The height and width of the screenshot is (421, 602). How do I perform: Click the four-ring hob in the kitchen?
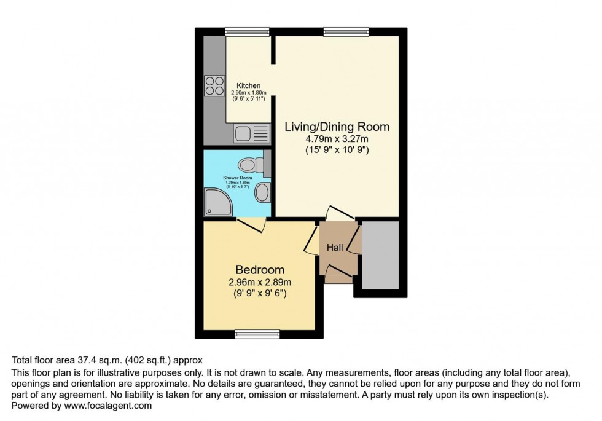pyautogui.click(x=214, y=85)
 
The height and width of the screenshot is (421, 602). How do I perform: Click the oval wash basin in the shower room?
pyautogui.click(x=261, y=192)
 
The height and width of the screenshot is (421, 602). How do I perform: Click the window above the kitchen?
pyautogui.click(x=248, y=31)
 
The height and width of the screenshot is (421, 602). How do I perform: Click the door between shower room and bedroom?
pyautogui.click(x=252, y=225)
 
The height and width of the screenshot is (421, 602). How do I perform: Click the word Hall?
pyautogui.click(x=335, y=247)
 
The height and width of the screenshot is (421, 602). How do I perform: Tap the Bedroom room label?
pyautogui.click(x=260, y=270)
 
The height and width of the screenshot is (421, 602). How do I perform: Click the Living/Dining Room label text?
pyautogui.click(x=337, y=127)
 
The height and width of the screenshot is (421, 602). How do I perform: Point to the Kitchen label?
pyautogui.click(x=249, y=85)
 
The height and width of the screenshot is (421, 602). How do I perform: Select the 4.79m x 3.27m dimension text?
pyautogui.click(x=337, y=140)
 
